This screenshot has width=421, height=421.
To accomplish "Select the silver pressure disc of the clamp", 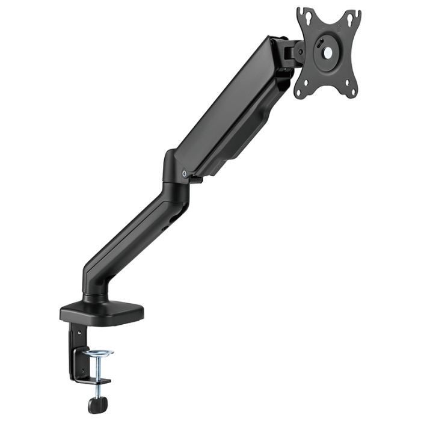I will click(x=97, y=354).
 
